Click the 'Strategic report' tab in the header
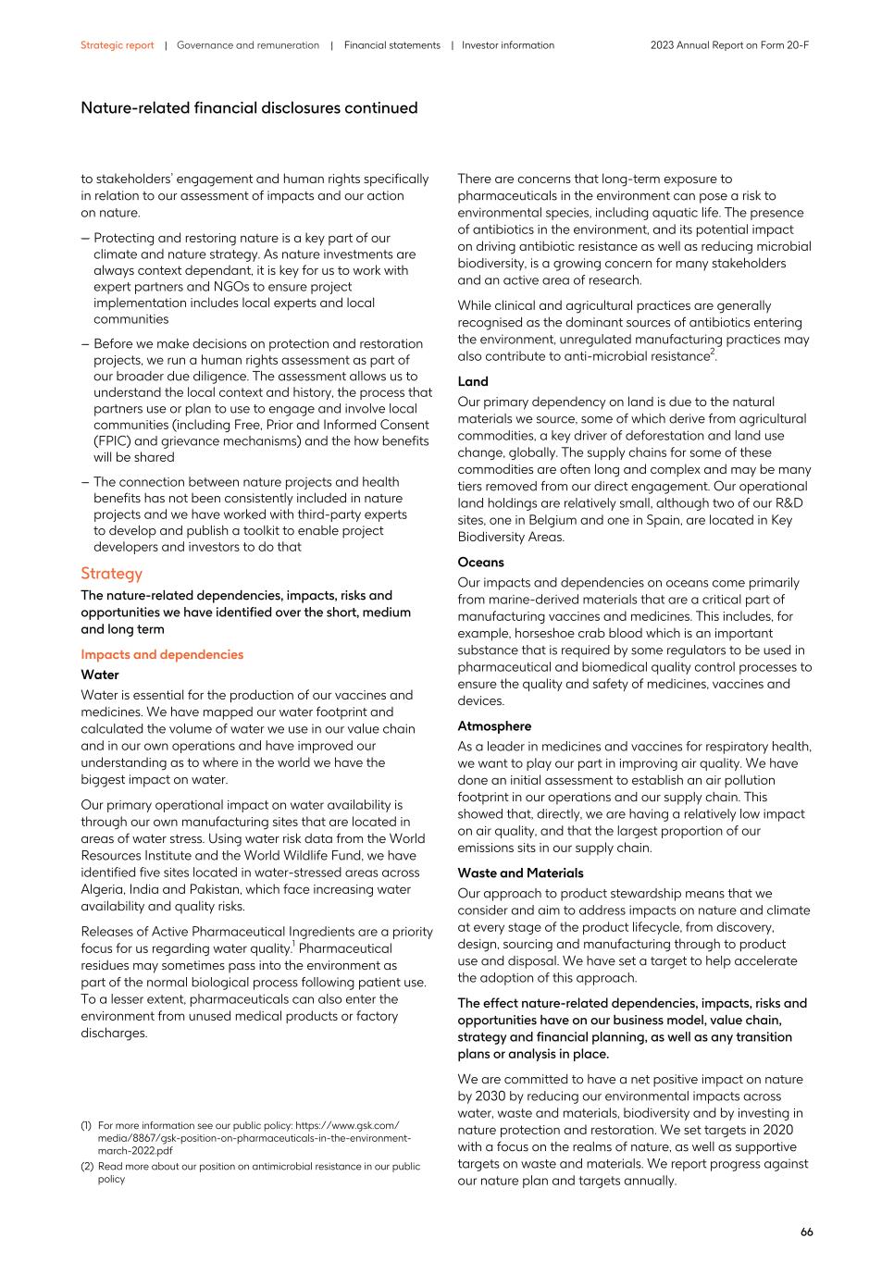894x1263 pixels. (117, 45)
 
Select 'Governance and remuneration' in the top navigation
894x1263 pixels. (248, 45)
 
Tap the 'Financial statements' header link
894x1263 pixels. (391, 45)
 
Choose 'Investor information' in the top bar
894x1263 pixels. (508, 45)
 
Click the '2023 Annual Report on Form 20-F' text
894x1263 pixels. (729, 45)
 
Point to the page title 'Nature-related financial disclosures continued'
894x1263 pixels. (249, 108)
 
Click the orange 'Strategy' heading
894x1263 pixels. (111, 573)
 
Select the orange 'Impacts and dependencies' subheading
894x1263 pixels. (162, 654)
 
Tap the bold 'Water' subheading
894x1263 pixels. (100, 675)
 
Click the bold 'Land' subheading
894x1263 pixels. (473, 381)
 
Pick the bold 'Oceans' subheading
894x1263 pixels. (480, 562)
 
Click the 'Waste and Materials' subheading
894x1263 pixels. (520, 873)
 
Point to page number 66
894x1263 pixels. (806, 1232)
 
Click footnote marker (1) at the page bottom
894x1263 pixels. (86, 1125)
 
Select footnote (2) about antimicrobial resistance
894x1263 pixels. (86, 1166)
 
